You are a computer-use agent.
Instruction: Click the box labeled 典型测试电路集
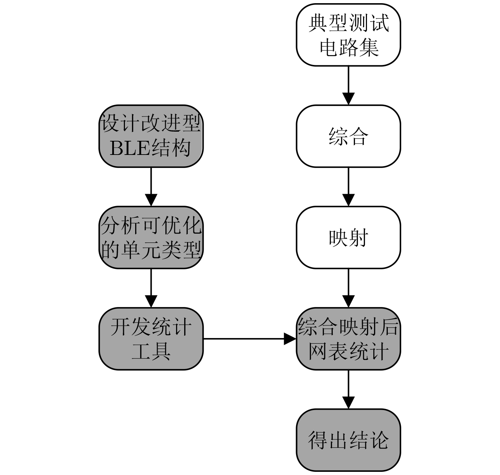click(348, 35)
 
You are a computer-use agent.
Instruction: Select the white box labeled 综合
click(348, 136)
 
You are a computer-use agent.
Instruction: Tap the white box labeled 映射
click(348, 238)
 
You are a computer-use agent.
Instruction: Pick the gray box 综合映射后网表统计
click(348, 339)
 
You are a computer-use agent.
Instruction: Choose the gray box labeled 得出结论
click(348, 440)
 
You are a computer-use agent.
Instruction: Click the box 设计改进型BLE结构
click(151, 136)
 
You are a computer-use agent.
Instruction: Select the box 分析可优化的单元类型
click(151, 238)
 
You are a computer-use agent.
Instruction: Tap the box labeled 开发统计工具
click(151, 339)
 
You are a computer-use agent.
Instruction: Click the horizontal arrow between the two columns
click(250, 339)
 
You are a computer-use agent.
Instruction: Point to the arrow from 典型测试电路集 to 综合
click(348, 85)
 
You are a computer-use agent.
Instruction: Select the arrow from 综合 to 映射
click(348, 187)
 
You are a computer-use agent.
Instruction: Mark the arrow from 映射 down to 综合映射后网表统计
click(348, 288)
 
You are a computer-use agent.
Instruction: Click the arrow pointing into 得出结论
click(348, 389)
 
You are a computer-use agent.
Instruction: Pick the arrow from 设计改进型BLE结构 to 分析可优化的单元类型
click(151, 187)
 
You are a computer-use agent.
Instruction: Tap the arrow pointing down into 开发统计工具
click(151, 288)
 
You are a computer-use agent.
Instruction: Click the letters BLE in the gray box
click(130, 148)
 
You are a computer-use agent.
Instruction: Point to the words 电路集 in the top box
click(349, 48)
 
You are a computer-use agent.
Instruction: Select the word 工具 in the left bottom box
click(151, 351)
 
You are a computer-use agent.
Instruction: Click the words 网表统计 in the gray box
click(348, 351)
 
